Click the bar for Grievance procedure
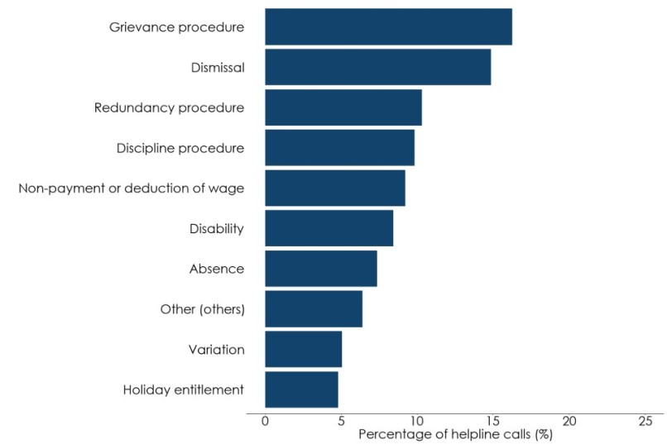388,26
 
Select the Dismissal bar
377,67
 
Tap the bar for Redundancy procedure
343,107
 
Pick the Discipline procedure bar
339,148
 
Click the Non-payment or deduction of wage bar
335,188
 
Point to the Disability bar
329,228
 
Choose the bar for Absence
321,269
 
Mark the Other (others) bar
314,309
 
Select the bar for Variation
303,349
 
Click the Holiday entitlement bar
301,389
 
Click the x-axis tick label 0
265,422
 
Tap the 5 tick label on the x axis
341,422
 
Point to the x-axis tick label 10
417,422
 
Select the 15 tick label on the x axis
493,422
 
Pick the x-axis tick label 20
569,422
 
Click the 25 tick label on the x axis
645,422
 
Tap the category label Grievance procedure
176,27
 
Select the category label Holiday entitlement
183,389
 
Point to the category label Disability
216,228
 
